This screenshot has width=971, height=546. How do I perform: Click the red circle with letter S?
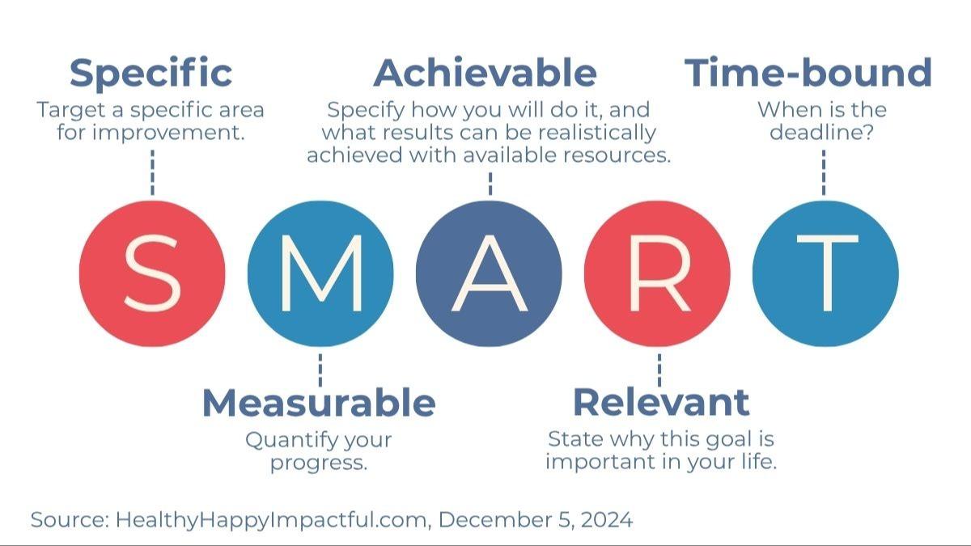152,273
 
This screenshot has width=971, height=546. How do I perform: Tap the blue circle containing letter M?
320,273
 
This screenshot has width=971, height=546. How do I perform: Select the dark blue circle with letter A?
489,273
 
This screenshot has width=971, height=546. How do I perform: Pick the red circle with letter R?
657,273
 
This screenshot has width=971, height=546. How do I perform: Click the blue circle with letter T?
825,273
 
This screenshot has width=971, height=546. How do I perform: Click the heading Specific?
151,74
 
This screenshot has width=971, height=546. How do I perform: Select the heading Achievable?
485,74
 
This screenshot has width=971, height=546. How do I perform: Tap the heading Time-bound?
808,74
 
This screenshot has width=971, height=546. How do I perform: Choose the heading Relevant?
660,402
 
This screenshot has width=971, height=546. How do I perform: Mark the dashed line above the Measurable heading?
320,369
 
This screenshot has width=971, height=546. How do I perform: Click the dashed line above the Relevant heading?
658,369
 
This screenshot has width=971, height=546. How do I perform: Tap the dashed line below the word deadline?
824,171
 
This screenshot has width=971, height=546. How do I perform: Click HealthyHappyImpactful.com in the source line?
271,519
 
